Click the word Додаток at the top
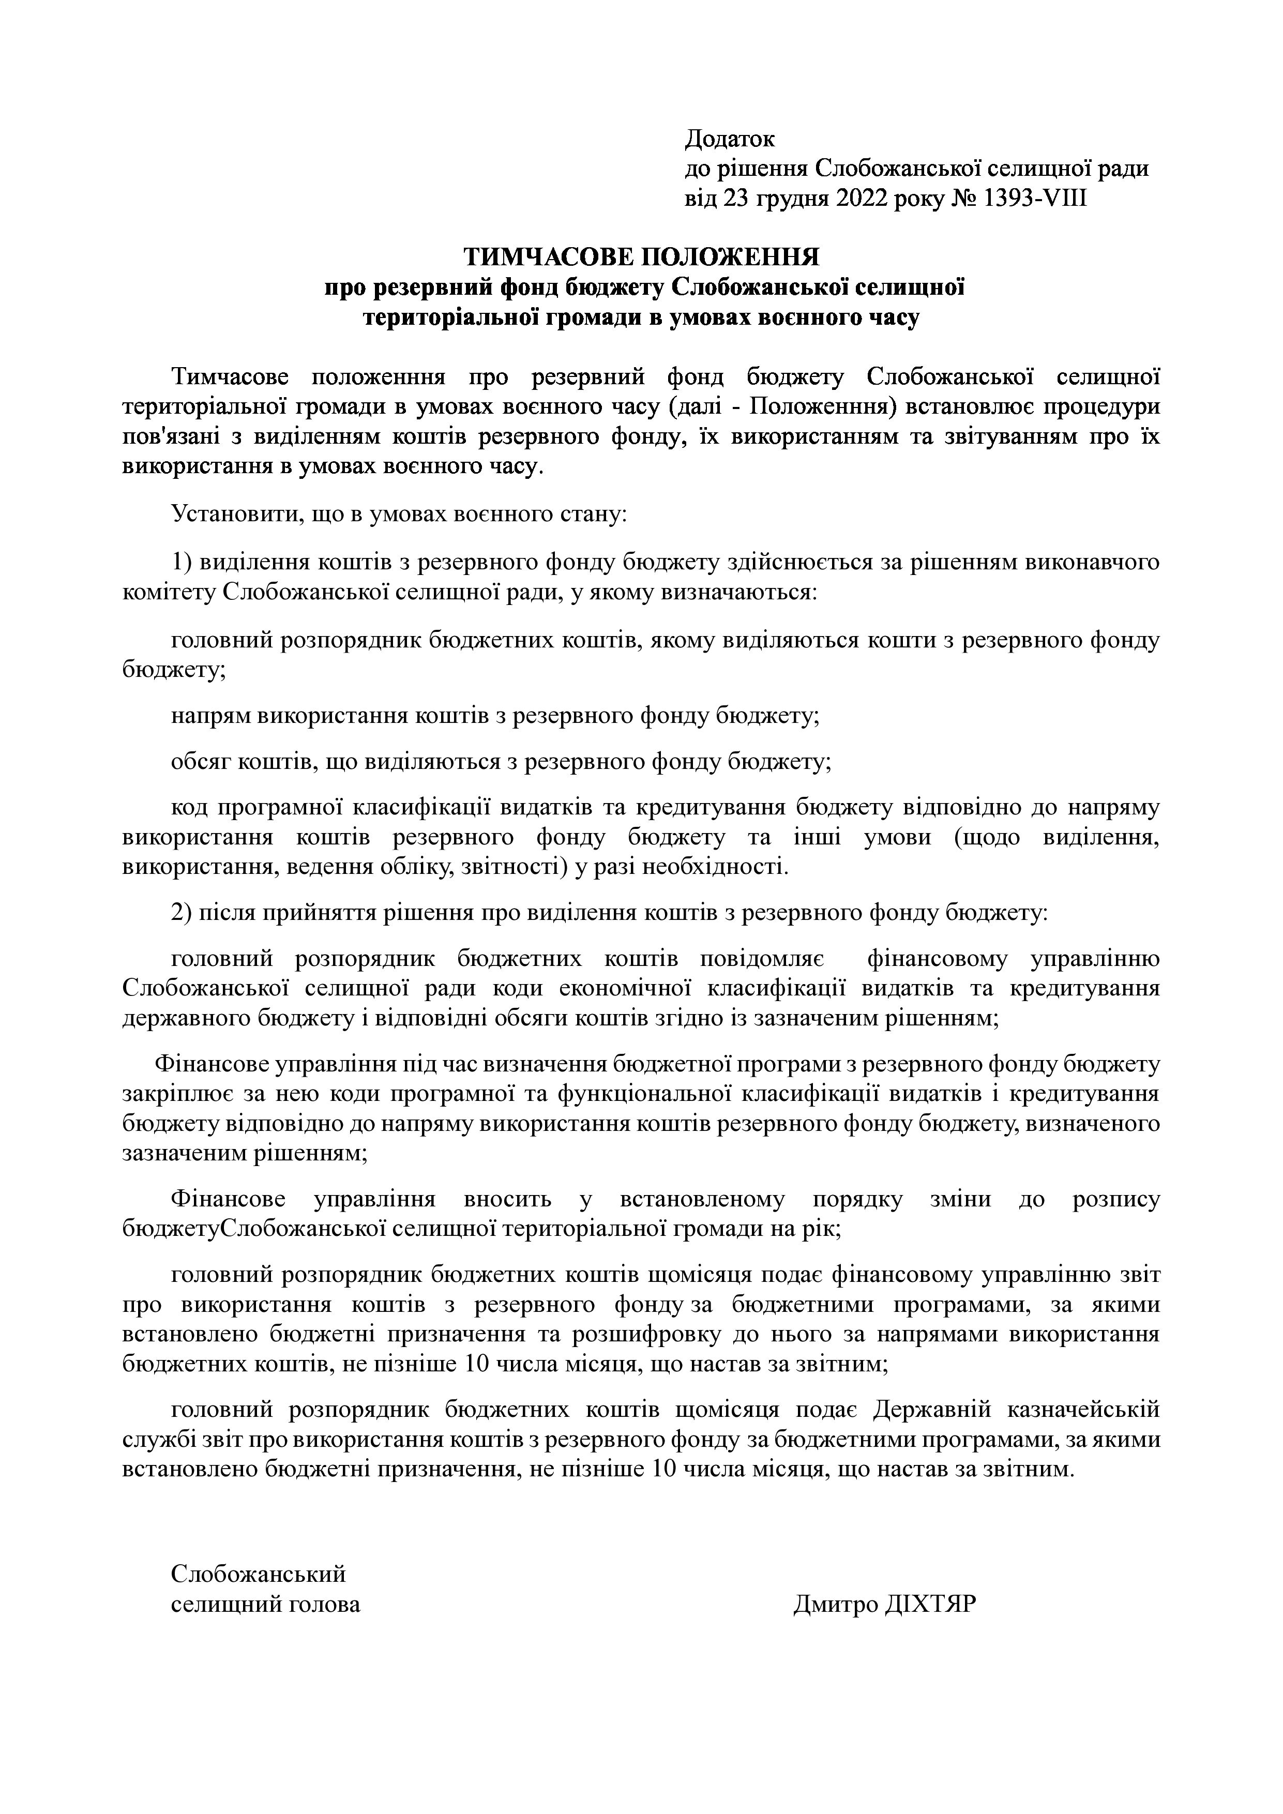(729, 139)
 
